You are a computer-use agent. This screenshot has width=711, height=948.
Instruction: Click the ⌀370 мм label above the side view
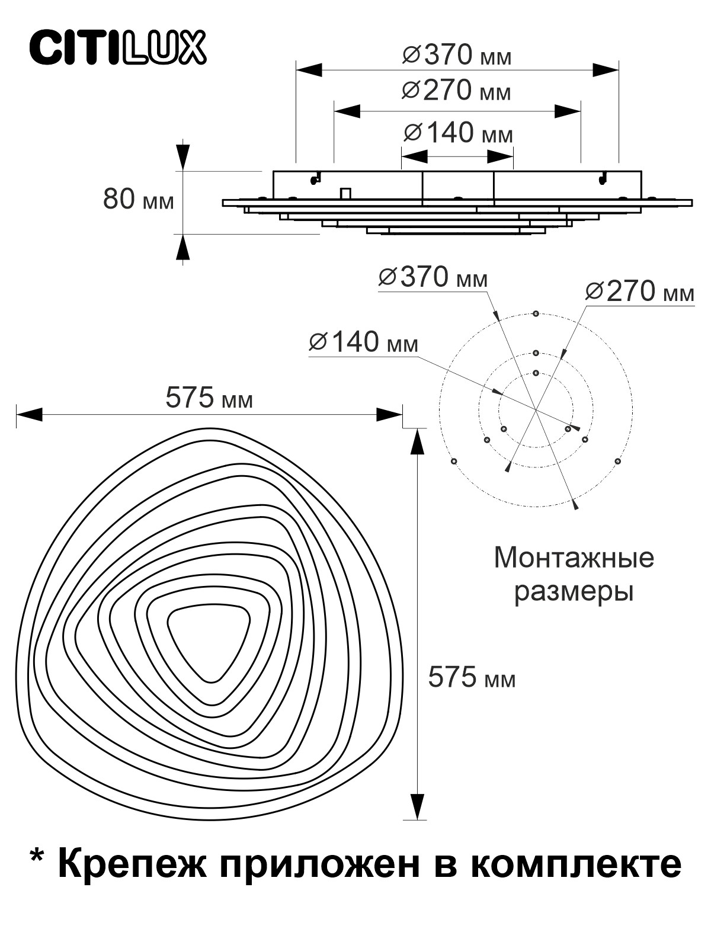(x=457, y=56)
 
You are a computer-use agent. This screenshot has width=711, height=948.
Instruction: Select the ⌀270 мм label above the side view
(x=456, y=91)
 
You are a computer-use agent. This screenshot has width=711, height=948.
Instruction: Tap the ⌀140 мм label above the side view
(x=457, y=133)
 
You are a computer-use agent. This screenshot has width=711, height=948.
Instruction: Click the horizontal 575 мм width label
(x=209, y=398)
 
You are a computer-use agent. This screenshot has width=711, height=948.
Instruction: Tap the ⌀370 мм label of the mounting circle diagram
(x=433, y=277)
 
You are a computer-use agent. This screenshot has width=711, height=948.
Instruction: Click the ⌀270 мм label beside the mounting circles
(x=639, y=292)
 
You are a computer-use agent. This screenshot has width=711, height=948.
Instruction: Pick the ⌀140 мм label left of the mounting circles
(x=363, y=342)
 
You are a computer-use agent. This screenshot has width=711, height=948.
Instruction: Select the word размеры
(x=574, y=592)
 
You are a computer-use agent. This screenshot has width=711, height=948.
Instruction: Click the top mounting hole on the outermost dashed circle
(x=536, y=313)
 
